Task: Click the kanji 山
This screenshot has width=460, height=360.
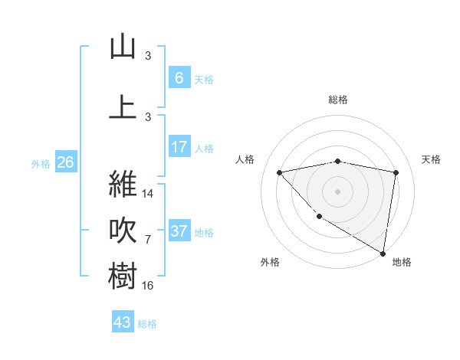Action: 123,47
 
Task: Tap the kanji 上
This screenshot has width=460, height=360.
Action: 123,106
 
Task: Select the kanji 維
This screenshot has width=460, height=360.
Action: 123,184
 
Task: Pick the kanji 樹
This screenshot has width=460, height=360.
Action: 123,276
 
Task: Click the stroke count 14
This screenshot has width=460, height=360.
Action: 149,193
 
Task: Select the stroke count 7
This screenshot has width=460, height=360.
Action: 148,239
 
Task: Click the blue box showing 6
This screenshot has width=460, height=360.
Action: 179,77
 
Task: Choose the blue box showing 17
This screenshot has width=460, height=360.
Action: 179,146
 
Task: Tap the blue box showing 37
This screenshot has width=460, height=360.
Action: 179,231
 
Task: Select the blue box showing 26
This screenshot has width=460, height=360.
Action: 65,162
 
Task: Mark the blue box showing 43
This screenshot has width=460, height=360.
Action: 123,322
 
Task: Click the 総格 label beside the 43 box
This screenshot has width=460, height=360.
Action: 147,324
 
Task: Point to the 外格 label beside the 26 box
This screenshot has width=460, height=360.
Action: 41,163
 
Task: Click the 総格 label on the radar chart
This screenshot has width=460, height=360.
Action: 337,100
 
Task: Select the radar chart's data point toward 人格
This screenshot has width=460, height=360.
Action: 279,172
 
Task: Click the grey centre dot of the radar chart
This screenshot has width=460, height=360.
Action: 337,191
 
